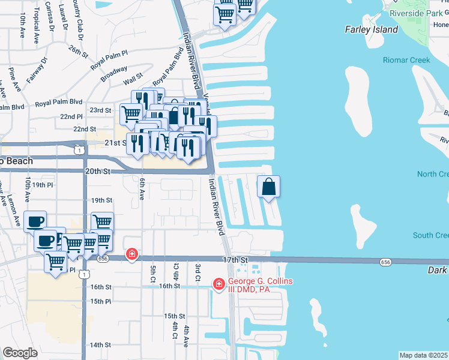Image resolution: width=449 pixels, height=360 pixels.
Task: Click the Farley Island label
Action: click(x=372, y=29)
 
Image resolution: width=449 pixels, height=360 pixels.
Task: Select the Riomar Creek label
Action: click(x=407, y=60)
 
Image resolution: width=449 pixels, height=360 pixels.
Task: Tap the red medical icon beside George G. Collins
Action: click(x=220, y=283)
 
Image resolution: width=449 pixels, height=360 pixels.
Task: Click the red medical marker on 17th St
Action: click(x=131, y=255)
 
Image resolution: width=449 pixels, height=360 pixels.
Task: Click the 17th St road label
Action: click(x=235, y=260)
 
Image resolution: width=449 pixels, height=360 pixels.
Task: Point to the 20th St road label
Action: click(x=98, y=171)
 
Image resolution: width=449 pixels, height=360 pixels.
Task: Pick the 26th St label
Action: click(x=79, y=50)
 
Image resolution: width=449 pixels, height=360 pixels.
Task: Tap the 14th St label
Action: click(x=100, y=345)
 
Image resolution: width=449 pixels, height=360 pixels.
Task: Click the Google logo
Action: click(x=20, y=353)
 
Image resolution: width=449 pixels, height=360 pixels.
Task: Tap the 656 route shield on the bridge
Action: click(x=386, y=262)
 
